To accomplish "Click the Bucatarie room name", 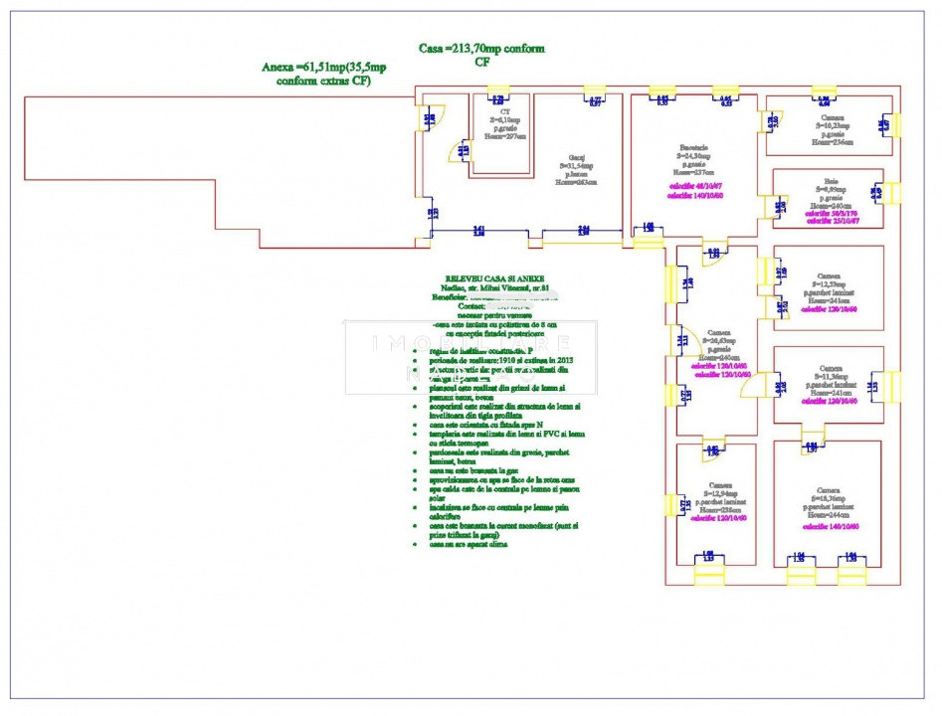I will click(692, 147).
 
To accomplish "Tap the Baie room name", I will click(829, 182).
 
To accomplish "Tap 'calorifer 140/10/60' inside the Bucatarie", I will click(695, 195).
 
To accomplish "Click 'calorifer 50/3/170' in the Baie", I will click(829, 214).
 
